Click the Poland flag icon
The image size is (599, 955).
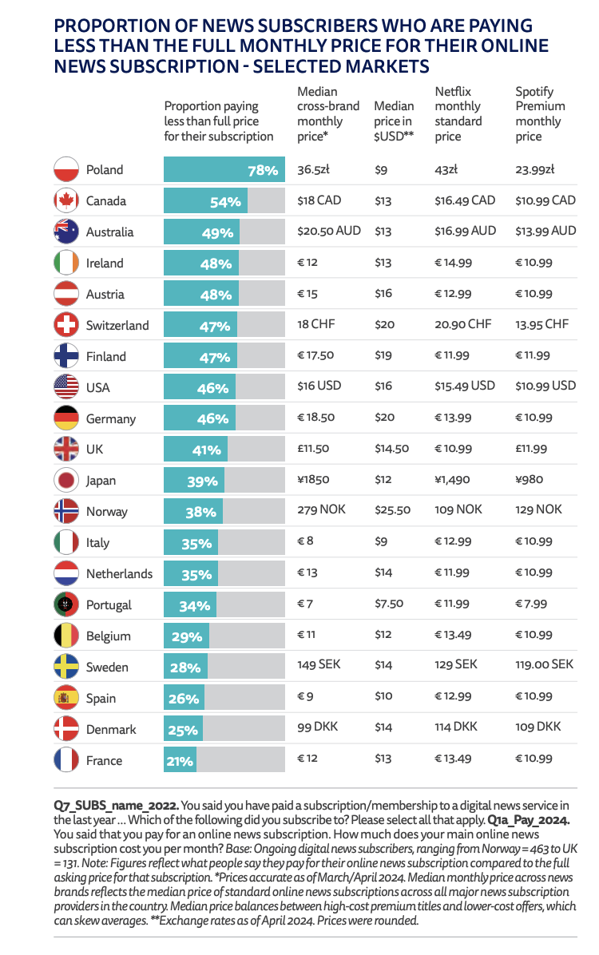coord(65,169)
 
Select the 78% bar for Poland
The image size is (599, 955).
coord(224,169)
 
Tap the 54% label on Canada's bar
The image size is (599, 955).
coord(225,201)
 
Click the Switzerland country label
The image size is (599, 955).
coord(117,325)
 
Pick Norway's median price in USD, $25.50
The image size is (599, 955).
coord(392,509)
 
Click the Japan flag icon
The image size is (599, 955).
coord(65,480)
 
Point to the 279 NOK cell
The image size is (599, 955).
coord(321,509)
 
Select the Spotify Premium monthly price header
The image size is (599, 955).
coord(540,114)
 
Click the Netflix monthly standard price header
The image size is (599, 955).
coord(458,114)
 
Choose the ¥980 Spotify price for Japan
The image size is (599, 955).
coord(529,479)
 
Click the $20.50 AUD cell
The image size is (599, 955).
coord(329,231)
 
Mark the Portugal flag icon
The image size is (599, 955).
coord(65,604)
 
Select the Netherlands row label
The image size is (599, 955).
coord(120,574)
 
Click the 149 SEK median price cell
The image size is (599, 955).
coord(319,664)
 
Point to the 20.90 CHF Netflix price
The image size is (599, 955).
coord(463,324)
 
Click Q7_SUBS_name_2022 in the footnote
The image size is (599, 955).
coord(117,806)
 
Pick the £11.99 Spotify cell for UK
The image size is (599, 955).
coord(531,448)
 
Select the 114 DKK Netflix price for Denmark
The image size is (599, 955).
coord(456,727)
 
